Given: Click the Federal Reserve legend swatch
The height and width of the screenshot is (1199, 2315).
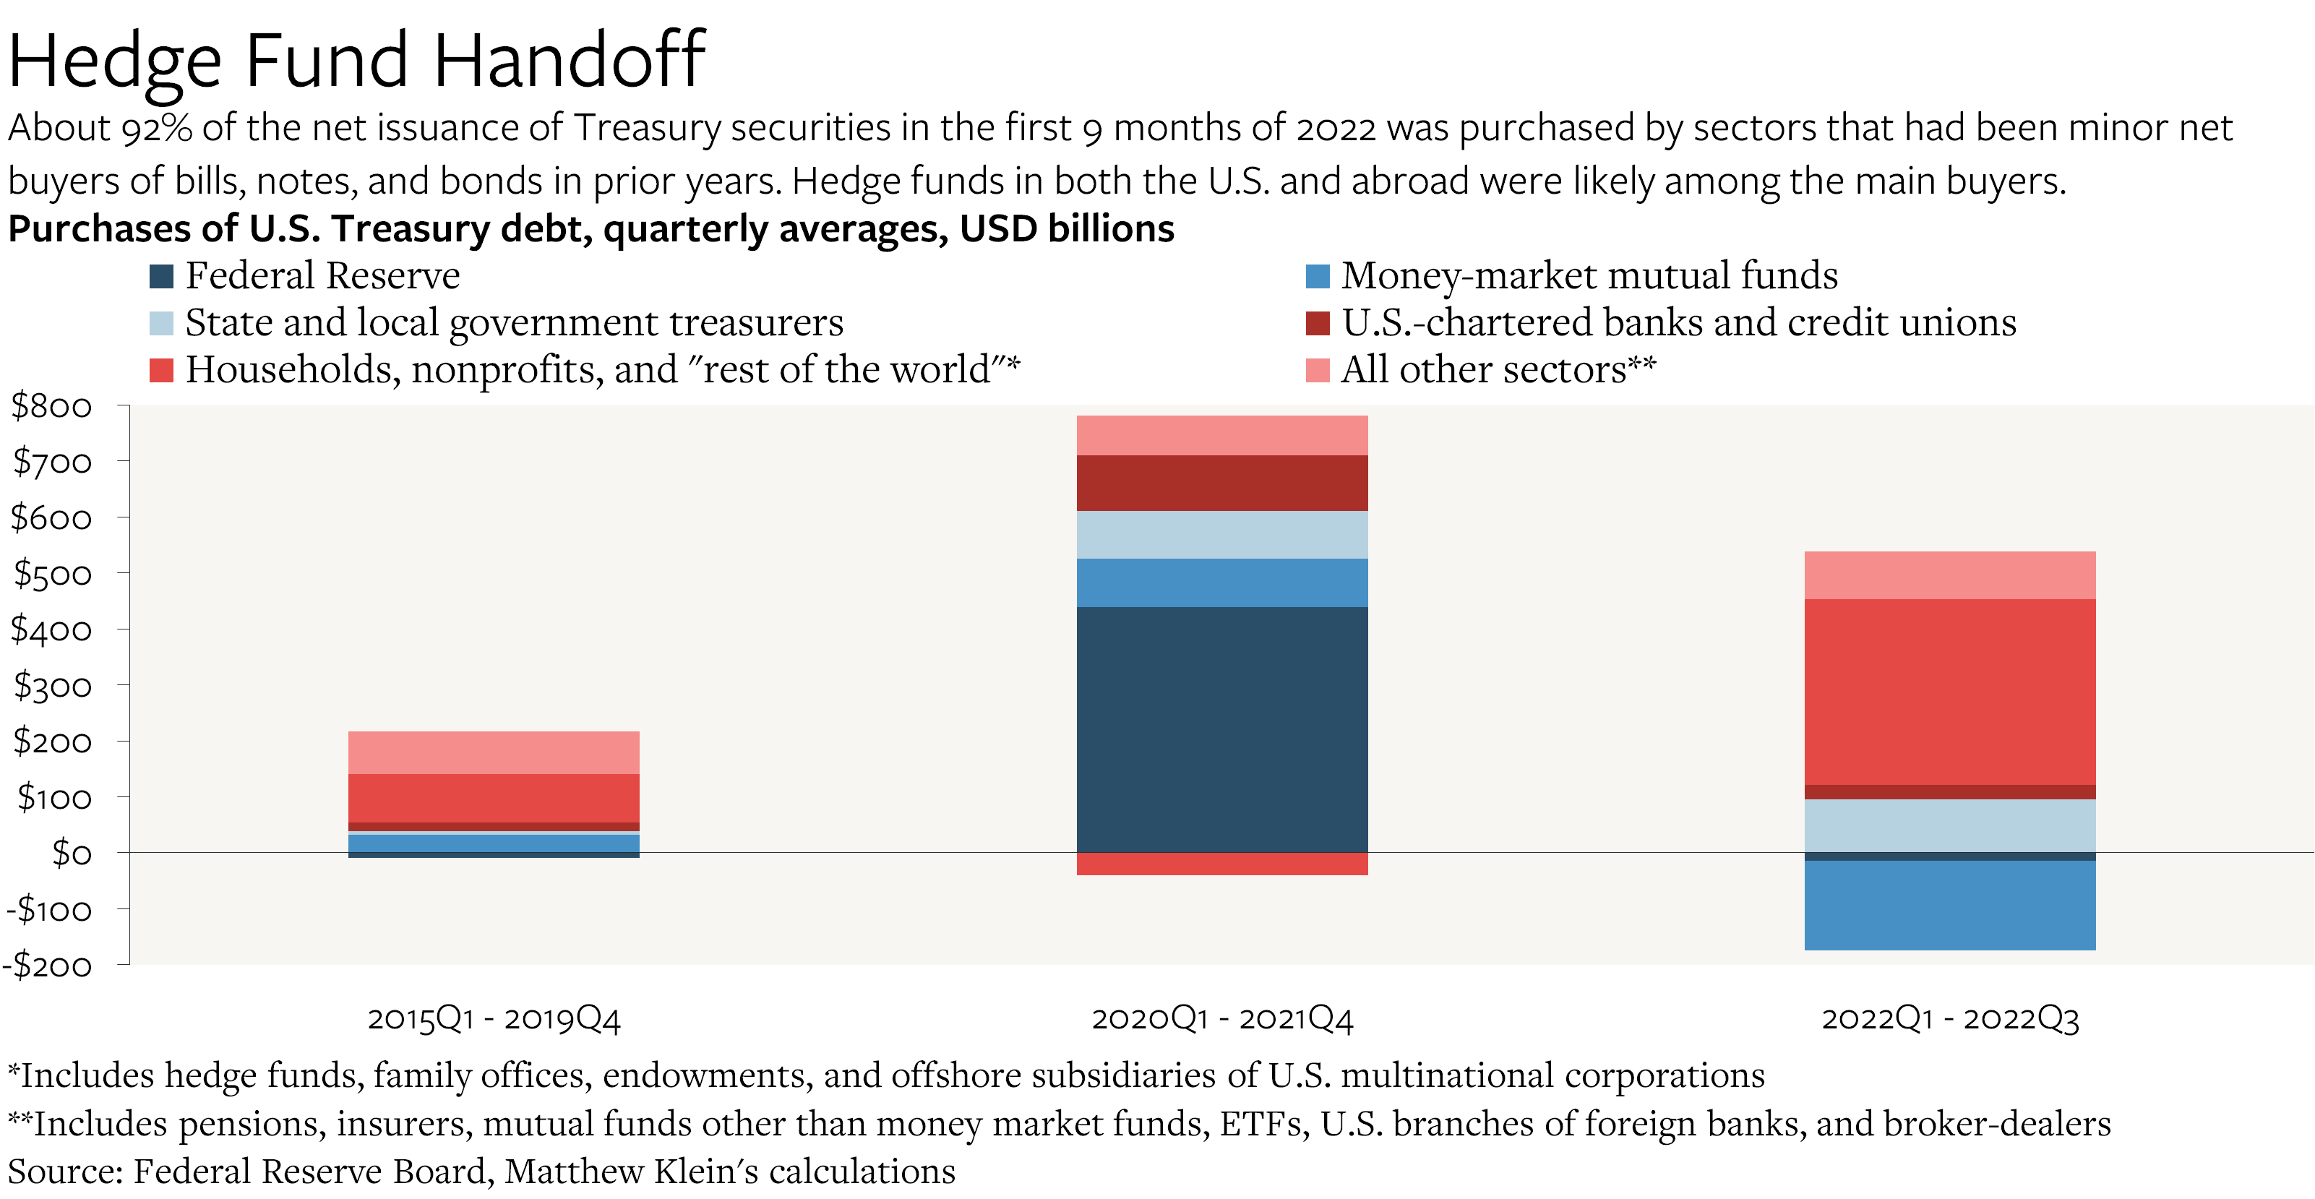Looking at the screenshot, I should click(x=161, y=276).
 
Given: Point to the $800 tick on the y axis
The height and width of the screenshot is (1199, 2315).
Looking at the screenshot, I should click(x=51, y=406).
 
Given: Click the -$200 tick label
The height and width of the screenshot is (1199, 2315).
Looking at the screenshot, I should click(x=48, y=966).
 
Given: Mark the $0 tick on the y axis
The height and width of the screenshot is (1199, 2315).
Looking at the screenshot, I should click(x=71, y=853).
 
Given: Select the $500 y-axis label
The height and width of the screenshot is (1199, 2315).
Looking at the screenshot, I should click(x=51, y=573).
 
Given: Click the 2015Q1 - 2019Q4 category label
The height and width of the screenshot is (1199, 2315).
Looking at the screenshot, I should click(x=494, y=1018).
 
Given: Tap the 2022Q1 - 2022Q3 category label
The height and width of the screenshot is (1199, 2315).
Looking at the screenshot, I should click(x=1950, y=1018).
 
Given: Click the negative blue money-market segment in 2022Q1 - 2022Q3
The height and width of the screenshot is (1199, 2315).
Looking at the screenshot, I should click(x=1950, y=904).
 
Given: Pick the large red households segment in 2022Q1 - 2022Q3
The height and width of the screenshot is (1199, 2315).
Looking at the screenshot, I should click(x=1950, y=692).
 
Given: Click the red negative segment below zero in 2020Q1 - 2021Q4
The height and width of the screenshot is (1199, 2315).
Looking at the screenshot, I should click(x=1222, y=864).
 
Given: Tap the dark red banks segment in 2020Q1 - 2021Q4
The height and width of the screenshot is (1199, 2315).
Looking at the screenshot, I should click(x=1222, y=483).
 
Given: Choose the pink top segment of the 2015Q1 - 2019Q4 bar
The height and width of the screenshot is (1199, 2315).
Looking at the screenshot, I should click(x=494, y=752).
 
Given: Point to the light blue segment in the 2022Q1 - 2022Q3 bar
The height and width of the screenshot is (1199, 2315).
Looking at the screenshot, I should click(x=1950, y=825).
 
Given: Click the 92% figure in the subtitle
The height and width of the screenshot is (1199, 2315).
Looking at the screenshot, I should click(x=156, y=129).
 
